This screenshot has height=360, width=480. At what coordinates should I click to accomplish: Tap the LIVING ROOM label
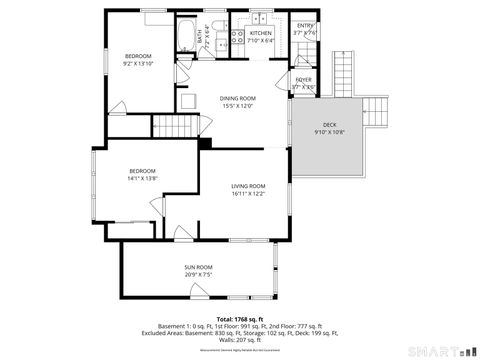click(248, 186)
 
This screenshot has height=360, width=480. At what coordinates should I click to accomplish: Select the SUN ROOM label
click(197, 267)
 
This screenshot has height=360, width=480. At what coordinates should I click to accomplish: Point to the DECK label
click(329, 124)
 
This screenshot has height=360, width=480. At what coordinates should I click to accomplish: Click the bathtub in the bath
click(187, 37)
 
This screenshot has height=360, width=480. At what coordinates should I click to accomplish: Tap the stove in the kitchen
click(238, 37)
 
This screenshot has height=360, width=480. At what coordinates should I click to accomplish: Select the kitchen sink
click(257, 18)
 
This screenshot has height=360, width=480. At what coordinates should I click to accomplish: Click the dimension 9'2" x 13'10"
click(137, 63)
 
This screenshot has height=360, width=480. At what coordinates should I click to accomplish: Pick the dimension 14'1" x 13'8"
click(142, 178)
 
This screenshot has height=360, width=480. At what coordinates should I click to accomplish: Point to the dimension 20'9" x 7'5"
click(197, 275)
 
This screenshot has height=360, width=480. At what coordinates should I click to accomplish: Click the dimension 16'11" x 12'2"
click(248, 194)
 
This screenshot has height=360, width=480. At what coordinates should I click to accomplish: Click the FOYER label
click(304, 78)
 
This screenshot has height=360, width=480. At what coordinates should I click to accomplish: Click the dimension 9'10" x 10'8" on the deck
click(329, 132)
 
